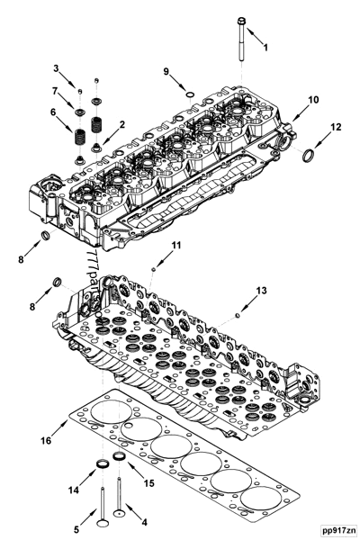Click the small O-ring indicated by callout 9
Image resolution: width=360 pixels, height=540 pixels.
[x=188, y=93]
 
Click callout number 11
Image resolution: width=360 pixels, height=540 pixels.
[x=176, y=246]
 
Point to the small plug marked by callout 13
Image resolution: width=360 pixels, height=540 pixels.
[x=235, y=314]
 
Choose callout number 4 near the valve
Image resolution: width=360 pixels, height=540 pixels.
[x=144, y=521]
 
